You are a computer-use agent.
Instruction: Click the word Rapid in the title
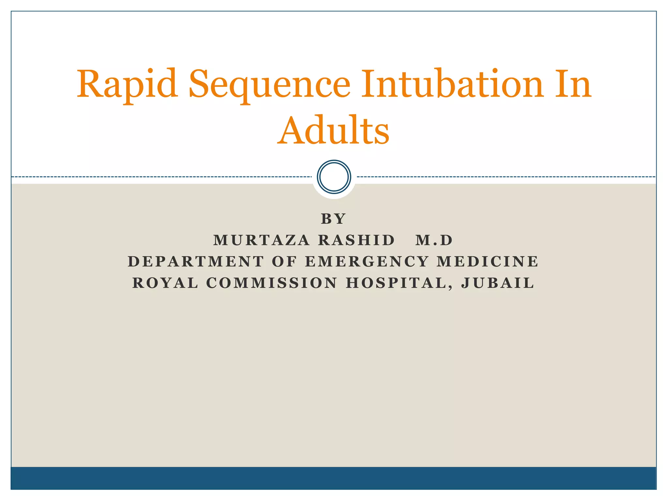(127, 85)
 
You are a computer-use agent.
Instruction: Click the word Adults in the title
(333, 130)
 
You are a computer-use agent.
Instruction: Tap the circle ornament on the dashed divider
(334, 177)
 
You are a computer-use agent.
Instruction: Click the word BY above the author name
(333, 219)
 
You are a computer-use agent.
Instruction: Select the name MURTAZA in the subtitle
(261, 240)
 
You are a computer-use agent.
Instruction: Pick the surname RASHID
(357, 240)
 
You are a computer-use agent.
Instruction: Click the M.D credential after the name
(434, 240)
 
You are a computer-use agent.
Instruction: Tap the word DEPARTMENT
(196, 262)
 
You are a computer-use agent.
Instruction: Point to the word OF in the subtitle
(284, 262)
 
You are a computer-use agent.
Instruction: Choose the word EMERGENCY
(367, 262)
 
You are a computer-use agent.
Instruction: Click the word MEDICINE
(488, 262)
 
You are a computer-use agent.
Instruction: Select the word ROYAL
(165, 283)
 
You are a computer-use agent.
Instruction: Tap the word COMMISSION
(272, 283)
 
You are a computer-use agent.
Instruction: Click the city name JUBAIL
(498, 283)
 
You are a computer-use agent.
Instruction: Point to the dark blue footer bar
(333, 478)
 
